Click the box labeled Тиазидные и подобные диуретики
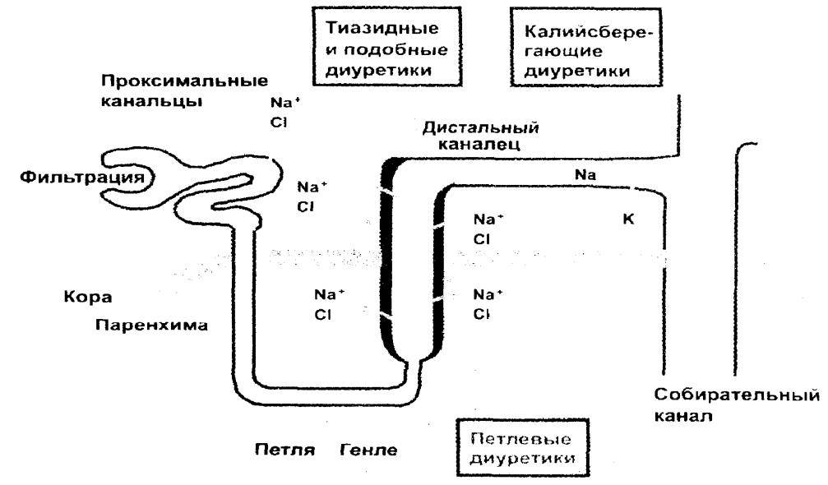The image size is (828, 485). coord(383,49)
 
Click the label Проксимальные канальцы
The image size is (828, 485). coord(184,92)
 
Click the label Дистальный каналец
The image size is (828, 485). coord(480,136)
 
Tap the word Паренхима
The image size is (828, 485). coord(151,324)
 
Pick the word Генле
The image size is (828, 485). coord(368,450)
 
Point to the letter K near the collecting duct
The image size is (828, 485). coord(629,219)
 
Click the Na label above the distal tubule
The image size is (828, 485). coord(586,174)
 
